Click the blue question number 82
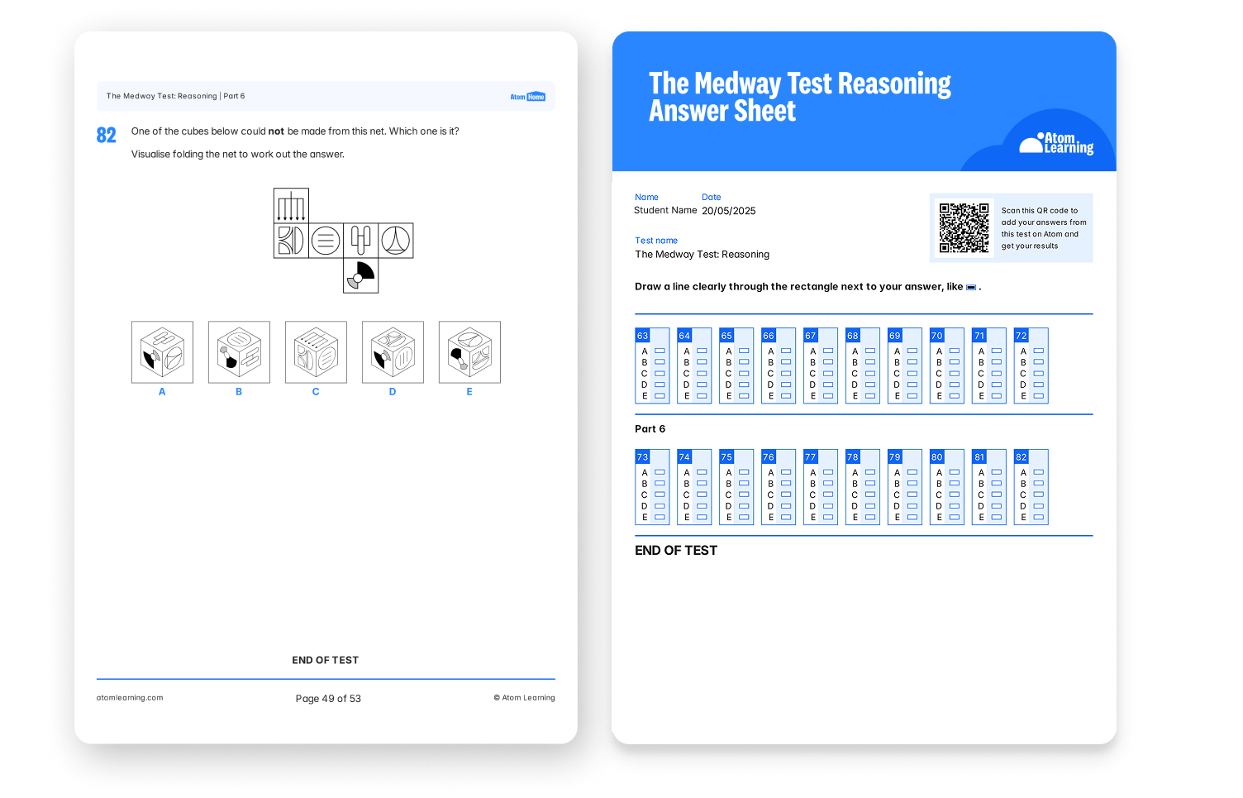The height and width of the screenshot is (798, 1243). point(106,135)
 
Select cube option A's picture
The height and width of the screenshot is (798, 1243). point(162,352)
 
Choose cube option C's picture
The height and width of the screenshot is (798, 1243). point(316,352)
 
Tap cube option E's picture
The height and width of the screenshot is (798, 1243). point(469,352)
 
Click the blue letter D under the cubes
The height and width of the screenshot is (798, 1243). point(393,391)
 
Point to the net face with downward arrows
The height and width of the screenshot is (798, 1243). point(291,205)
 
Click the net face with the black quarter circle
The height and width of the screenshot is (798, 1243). point(360,275)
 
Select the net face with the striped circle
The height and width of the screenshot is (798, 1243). point(326,241)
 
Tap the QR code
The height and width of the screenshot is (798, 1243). point(964,227)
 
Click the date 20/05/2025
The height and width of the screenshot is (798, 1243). point(729,211)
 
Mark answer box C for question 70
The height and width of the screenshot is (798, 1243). point(955,373)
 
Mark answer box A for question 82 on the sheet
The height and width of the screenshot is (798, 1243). point(1039,472)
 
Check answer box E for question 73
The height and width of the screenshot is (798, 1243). point(660,517)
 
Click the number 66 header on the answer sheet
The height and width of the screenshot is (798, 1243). point(769,336)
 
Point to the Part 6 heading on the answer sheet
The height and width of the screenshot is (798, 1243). point(650,428)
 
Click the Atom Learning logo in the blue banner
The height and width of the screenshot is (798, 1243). point(1056,144)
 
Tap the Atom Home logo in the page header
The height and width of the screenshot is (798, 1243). point(528,97)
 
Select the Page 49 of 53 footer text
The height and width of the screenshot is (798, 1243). point(328,699)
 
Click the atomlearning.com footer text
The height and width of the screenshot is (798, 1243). point(130,697)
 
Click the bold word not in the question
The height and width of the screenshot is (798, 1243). point(276,131)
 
